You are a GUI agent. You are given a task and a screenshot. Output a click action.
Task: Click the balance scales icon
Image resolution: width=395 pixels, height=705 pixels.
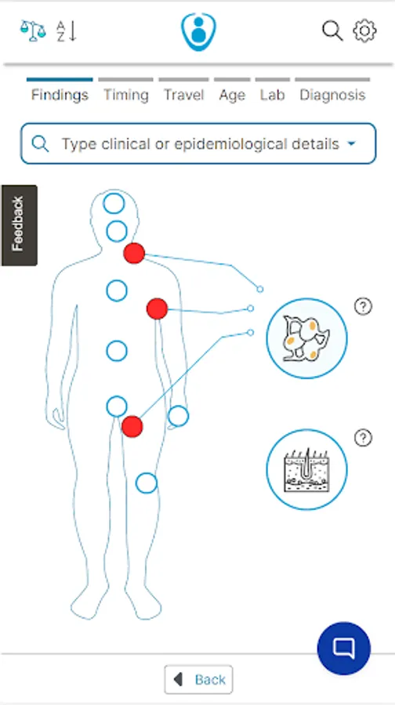tap(33, 31)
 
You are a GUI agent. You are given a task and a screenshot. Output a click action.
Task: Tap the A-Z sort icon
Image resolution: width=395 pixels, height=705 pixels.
tap(66, 31)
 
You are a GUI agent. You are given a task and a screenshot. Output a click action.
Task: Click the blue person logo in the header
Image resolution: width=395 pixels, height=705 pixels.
tap(198, 31)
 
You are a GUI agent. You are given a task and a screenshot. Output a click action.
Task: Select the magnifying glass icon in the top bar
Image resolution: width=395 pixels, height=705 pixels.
tap(332, 31)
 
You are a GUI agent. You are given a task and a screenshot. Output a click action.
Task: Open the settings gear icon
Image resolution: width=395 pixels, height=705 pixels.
tap(364, 31)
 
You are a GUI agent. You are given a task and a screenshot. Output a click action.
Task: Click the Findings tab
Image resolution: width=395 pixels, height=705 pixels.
tap(60, 95)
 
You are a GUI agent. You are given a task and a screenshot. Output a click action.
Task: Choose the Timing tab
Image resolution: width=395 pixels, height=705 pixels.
tap(126, 95)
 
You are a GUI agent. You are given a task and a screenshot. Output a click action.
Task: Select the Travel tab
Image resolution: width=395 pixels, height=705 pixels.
tap(183, 95)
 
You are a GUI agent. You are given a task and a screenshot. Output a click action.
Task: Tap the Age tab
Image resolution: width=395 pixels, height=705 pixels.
tap(232, 96)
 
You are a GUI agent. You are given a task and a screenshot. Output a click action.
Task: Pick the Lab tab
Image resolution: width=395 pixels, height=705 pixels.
tap(273, 95)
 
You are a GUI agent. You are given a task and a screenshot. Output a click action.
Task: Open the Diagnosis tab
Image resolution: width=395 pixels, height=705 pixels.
tap(332, 96)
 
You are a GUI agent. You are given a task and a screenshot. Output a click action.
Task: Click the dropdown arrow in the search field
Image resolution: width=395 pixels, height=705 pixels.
tap(352, 144)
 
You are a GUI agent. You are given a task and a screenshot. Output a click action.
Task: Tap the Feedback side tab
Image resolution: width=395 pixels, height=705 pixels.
tap(19, 226)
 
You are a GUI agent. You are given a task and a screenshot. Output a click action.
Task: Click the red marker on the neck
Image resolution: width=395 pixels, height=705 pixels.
tap(134, 253)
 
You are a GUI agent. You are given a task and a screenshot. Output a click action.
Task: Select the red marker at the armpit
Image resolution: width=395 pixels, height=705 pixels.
tap(157, 309)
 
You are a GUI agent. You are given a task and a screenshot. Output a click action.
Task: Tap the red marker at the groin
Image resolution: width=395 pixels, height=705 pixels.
tap(132, 427)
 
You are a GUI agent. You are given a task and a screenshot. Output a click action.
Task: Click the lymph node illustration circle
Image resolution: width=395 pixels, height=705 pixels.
tap(306, 338)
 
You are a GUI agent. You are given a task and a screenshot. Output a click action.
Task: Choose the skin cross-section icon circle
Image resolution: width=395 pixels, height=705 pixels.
tap(306, 469)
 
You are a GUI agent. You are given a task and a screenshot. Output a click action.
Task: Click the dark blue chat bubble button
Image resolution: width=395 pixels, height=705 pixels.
tap(344, 649)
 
